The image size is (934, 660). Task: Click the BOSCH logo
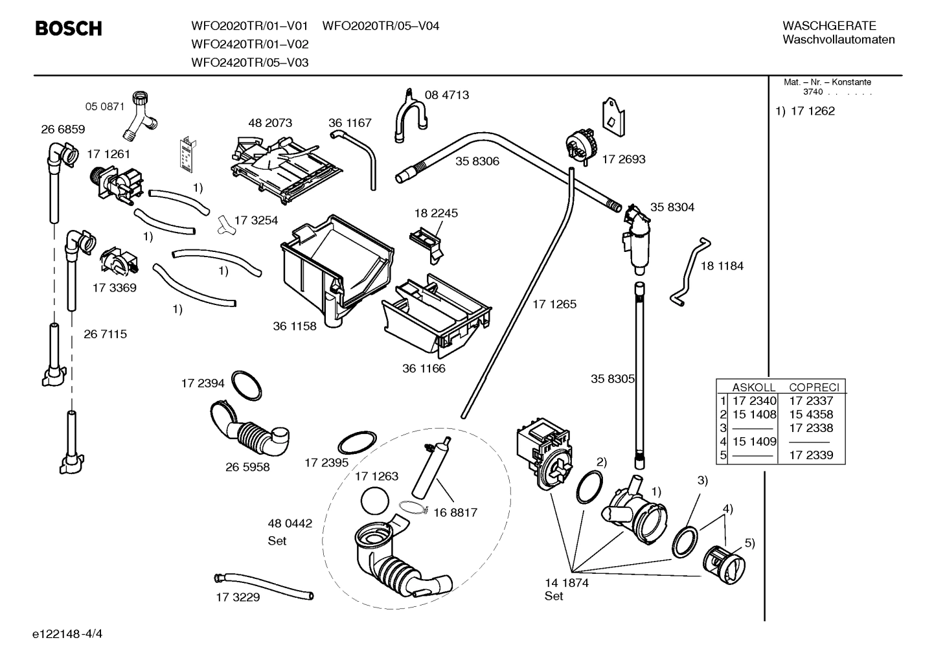68,28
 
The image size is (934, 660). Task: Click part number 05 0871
104,106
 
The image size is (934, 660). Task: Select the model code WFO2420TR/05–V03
249,62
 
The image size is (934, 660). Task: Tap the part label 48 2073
270,122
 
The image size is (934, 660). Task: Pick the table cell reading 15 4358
811,414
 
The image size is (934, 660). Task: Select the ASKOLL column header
754,387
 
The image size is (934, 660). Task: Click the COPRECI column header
814,387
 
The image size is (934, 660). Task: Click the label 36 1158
294,326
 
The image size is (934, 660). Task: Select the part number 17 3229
238,597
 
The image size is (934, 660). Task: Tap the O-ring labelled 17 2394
246,386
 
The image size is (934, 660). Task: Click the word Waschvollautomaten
838,40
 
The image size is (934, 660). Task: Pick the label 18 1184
722,266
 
